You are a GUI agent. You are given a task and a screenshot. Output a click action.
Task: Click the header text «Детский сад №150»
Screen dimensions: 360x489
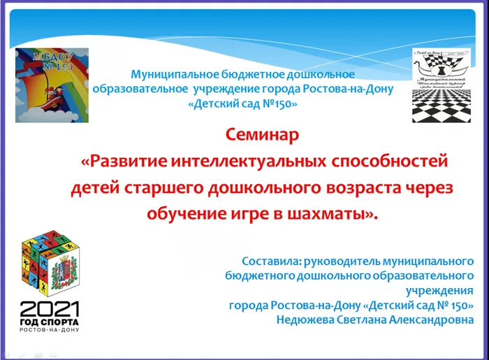pyautogui.click(x=243, y=103)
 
